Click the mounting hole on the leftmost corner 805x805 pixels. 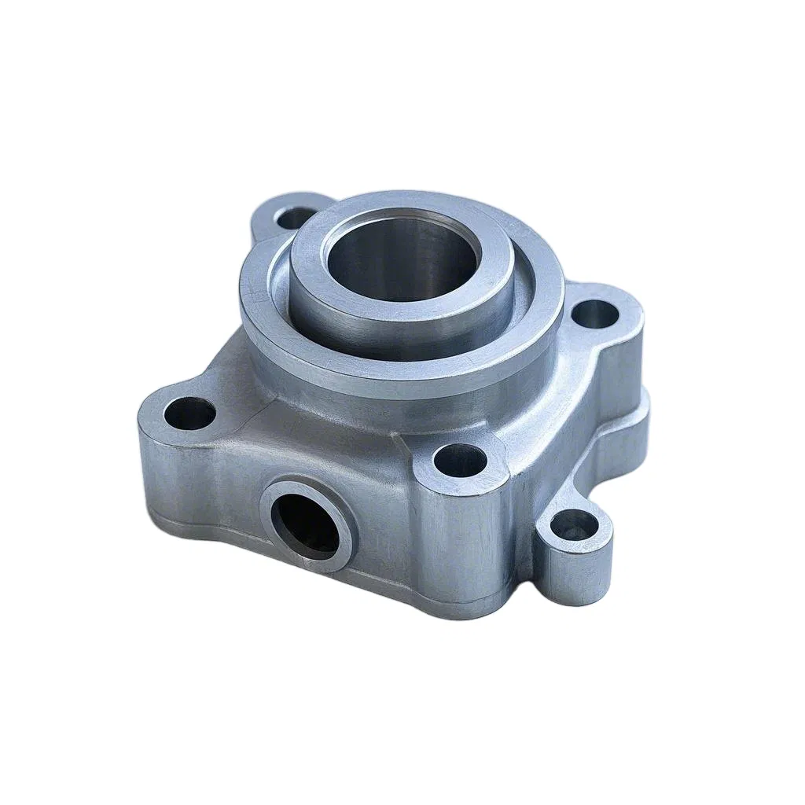pos(189,414)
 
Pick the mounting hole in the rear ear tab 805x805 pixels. pos(294,217)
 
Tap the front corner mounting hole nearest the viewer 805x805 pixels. pos(461,461)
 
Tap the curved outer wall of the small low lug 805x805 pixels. pos(578,570)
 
